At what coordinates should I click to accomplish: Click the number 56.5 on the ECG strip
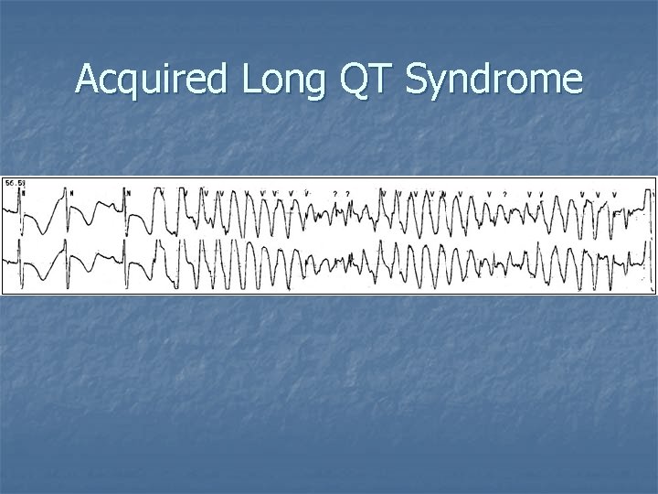click(15, 184)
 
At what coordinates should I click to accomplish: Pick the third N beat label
click(129, 193)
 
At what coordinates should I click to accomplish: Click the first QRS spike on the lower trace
click(19, 252)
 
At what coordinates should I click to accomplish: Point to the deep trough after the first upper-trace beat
click(42, 232)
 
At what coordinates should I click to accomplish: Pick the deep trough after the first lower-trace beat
click(42, 279)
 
